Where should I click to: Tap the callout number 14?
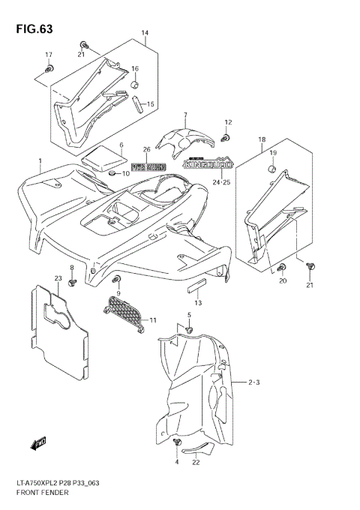coord(145,34)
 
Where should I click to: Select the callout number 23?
coord(57,279)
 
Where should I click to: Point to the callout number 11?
coord(153,320)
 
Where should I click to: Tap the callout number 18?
coord(262,139)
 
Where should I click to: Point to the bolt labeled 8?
coord(73,283)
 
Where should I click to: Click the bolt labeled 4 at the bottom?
coord(178,446)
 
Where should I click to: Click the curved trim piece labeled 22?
coord(199,450)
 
